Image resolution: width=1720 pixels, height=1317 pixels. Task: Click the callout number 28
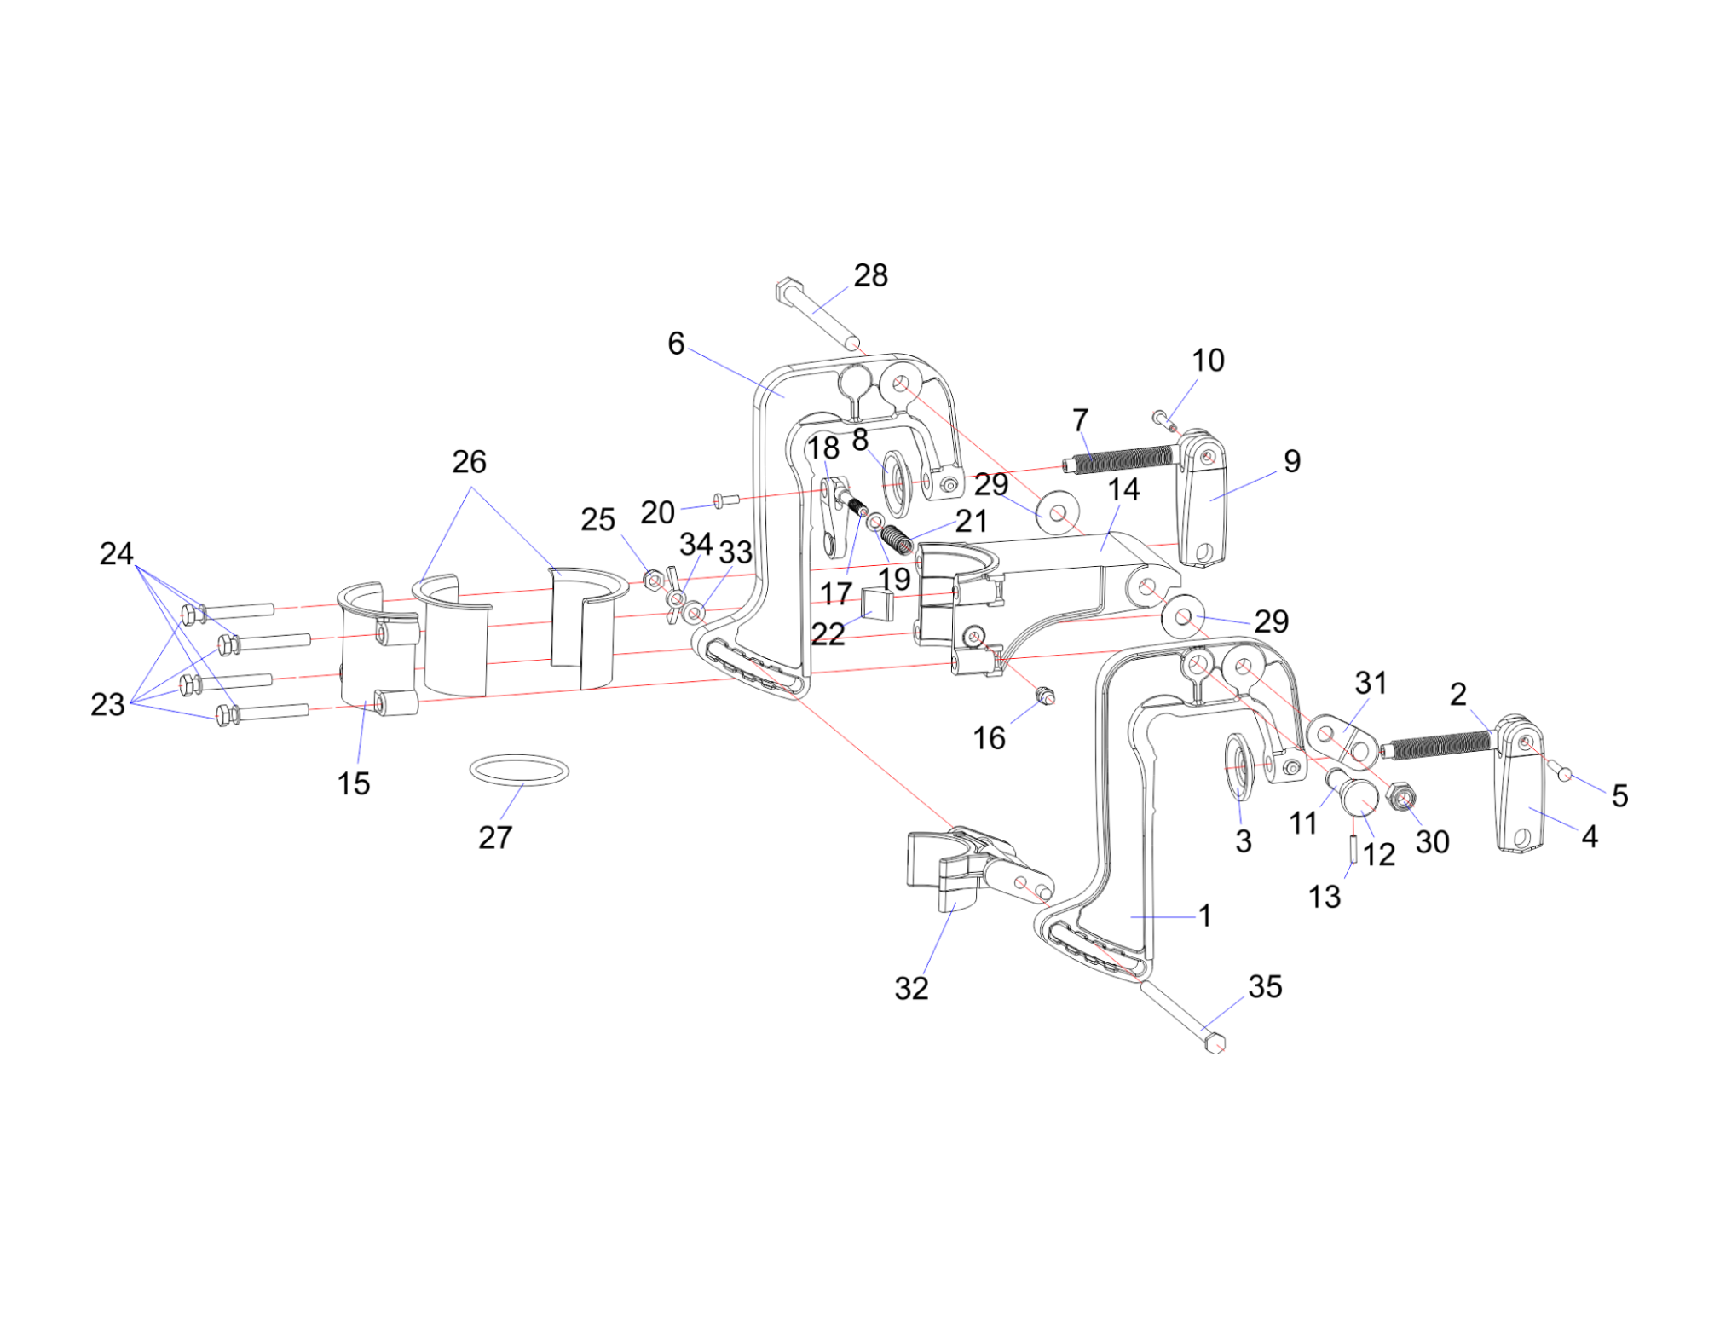pyautogui.click(x=870, y=275)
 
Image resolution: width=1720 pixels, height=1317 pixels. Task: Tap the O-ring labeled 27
pyautogui.click(x=518, y=771)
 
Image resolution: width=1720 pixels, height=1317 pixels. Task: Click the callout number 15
pyautogui.click(x=353, y=783)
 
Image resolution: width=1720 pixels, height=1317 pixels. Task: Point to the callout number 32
pyautogui.click(x=910, y=988)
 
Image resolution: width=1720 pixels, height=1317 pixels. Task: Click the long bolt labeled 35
pyautogui.click(x=1180, y=1014)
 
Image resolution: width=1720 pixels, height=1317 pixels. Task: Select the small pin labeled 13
pyautogui.click(x=1353, y=849)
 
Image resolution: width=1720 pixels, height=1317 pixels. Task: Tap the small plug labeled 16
pyautogui.click(x=1044, y=696)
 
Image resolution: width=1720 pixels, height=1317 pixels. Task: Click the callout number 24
pyautogui.click(x=116, y=553)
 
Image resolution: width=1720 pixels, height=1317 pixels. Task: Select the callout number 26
pyautogui.click(x=469, y=461)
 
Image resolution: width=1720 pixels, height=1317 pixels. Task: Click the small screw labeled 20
pyautogui.click(x=721, y=500)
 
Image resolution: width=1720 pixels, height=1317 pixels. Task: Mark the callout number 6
pyautogui.click(x=675, y=343)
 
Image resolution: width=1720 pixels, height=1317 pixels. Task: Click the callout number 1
pyautogui.click(x=1203, y=916)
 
